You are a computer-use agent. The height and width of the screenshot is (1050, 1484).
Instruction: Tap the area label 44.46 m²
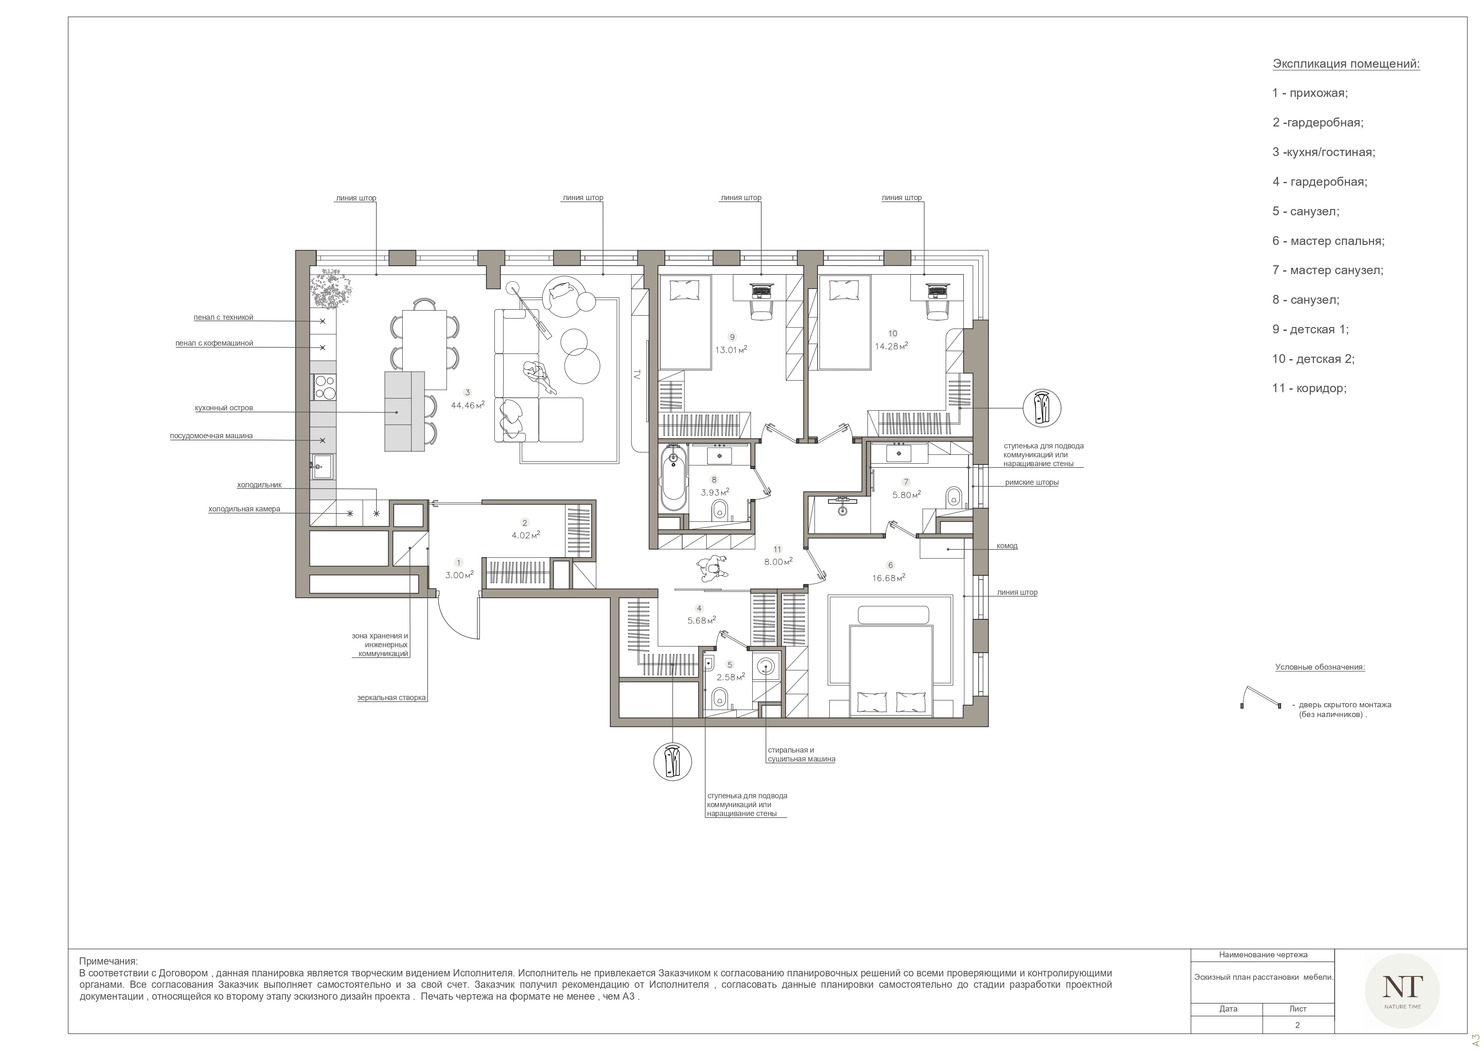467,405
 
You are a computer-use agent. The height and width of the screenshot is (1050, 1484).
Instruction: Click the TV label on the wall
636,374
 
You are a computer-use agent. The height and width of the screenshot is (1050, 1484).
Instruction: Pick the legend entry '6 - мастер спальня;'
1328,241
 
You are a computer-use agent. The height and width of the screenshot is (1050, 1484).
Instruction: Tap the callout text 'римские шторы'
1031,482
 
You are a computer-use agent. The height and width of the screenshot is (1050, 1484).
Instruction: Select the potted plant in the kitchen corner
332,290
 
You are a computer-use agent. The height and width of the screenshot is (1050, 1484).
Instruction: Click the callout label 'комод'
1007,546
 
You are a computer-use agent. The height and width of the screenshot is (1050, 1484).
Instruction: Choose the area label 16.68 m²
888,577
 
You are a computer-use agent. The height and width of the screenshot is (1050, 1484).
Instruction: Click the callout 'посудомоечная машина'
211,436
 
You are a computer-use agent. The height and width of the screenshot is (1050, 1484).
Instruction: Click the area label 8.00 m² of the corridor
778,562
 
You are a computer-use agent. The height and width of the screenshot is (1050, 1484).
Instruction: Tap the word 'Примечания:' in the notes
109,962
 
